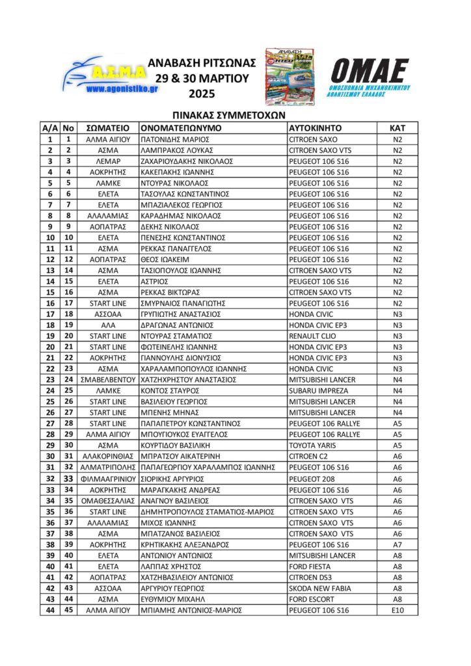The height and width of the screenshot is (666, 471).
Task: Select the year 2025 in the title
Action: pyautogui.click(x=202, y=93)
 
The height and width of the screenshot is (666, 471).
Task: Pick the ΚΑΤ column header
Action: pyautogui.click(x=398, y=127)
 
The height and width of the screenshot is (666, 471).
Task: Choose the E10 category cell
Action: pyautogui.click(x=398, y=609)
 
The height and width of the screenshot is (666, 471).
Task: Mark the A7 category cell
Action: pyautogui.click(x=398, y=544)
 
